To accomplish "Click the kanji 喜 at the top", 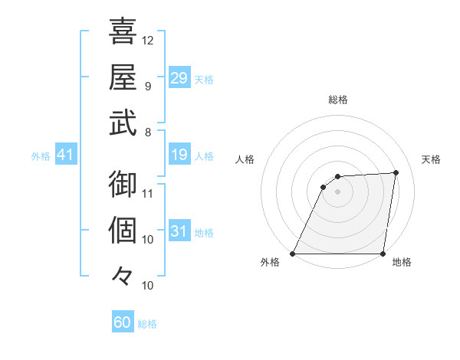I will click(123, 31).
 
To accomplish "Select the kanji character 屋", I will click(123, 77).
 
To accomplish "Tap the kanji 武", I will click(123, 123).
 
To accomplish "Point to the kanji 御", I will click(123, 184).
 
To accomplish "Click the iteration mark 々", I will click(123, 274).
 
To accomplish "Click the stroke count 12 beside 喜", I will click(148, 40).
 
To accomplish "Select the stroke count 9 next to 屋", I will click(148, 86).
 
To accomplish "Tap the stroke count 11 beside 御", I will click(148, 193).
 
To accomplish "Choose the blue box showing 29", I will click(179, 78).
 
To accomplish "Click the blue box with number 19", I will click(179, 155).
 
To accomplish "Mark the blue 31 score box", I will click(179, 231).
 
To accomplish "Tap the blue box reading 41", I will click(66, 155).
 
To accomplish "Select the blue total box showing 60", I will click(123, 322).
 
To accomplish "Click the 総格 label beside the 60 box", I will click(147, 324).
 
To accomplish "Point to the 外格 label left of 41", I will click(41, 156).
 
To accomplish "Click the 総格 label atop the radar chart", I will click(337, 100).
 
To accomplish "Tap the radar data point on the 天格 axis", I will click(396, 172).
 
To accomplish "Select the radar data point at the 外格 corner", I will click(293, 254).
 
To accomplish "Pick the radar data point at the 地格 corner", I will click(383, 254).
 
